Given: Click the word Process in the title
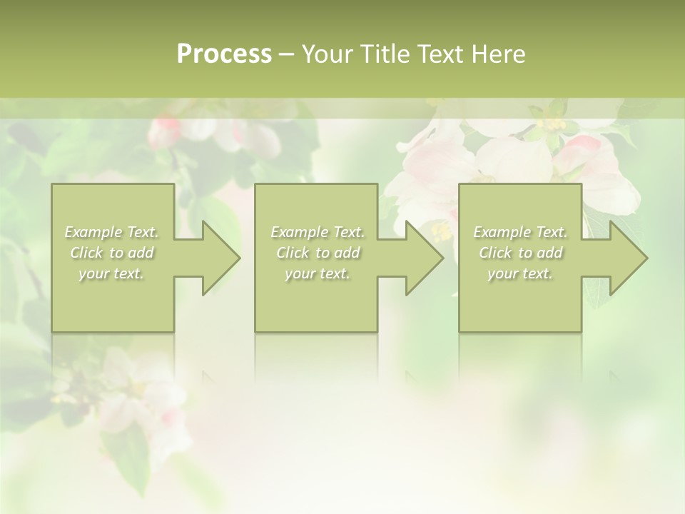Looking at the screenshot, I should pos(224,54).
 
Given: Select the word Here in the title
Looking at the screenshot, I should pos(498,54).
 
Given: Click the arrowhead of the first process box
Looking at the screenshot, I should pos(218,258).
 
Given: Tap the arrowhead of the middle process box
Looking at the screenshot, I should pos(422,258).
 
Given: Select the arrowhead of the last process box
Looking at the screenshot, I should pos(626,258).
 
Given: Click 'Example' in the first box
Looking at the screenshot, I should pos(93,232).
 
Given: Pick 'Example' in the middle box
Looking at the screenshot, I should pos(299,232).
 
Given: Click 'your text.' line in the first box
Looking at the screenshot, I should pos(111,273).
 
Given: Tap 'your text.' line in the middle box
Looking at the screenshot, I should pos(317,273).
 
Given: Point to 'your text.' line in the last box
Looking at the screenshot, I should pos(520,273).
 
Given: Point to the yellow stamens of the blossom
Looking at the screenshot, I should pos(442,231).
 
